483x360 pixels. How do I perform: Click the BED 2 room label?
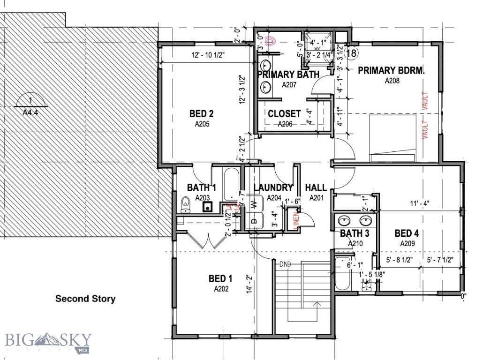click(202, 113)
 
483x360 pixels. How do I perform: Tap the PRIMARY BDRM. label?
click(391, 71)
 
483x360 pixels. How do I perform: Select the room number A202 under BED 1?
click(221, 289)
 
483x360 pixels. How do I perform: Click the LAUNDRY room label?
click(273, 188)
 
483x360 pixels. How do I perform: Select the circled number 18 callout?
click(351, 53)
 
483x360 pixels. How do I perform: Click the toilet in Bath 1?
click(185, 204)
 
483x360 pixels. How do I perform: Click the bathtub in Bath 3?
click(342, 274)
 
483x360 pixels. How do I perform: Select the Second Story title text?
click(85, 299)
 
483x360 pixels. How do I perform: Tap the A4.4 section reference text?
click(30, 112)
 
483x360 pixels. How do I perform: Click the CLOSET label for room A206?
click(284, 114)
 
